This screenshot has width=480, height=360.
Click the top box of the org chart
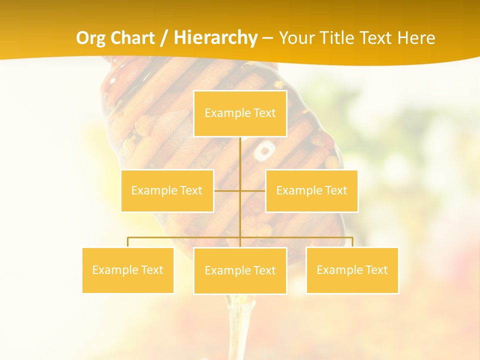click(240, 113)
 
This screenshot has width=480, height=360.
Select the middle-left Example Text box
click(167, 190)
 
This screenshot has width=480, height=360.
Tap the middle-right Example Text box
click(311, 190)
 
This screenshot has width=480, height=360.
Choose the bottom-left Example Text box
click(128, 270)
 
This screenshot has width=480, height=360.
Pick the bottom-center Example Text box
click(240, 270)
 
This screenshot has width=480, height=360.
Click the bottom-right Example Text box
click(352, 270)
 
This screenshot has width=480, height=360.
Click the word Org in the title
click(88, 38)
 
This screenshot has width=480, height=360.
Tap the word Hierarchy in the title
click(215, 38)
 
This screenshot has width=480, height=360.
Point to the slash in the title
click(164, 38)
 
